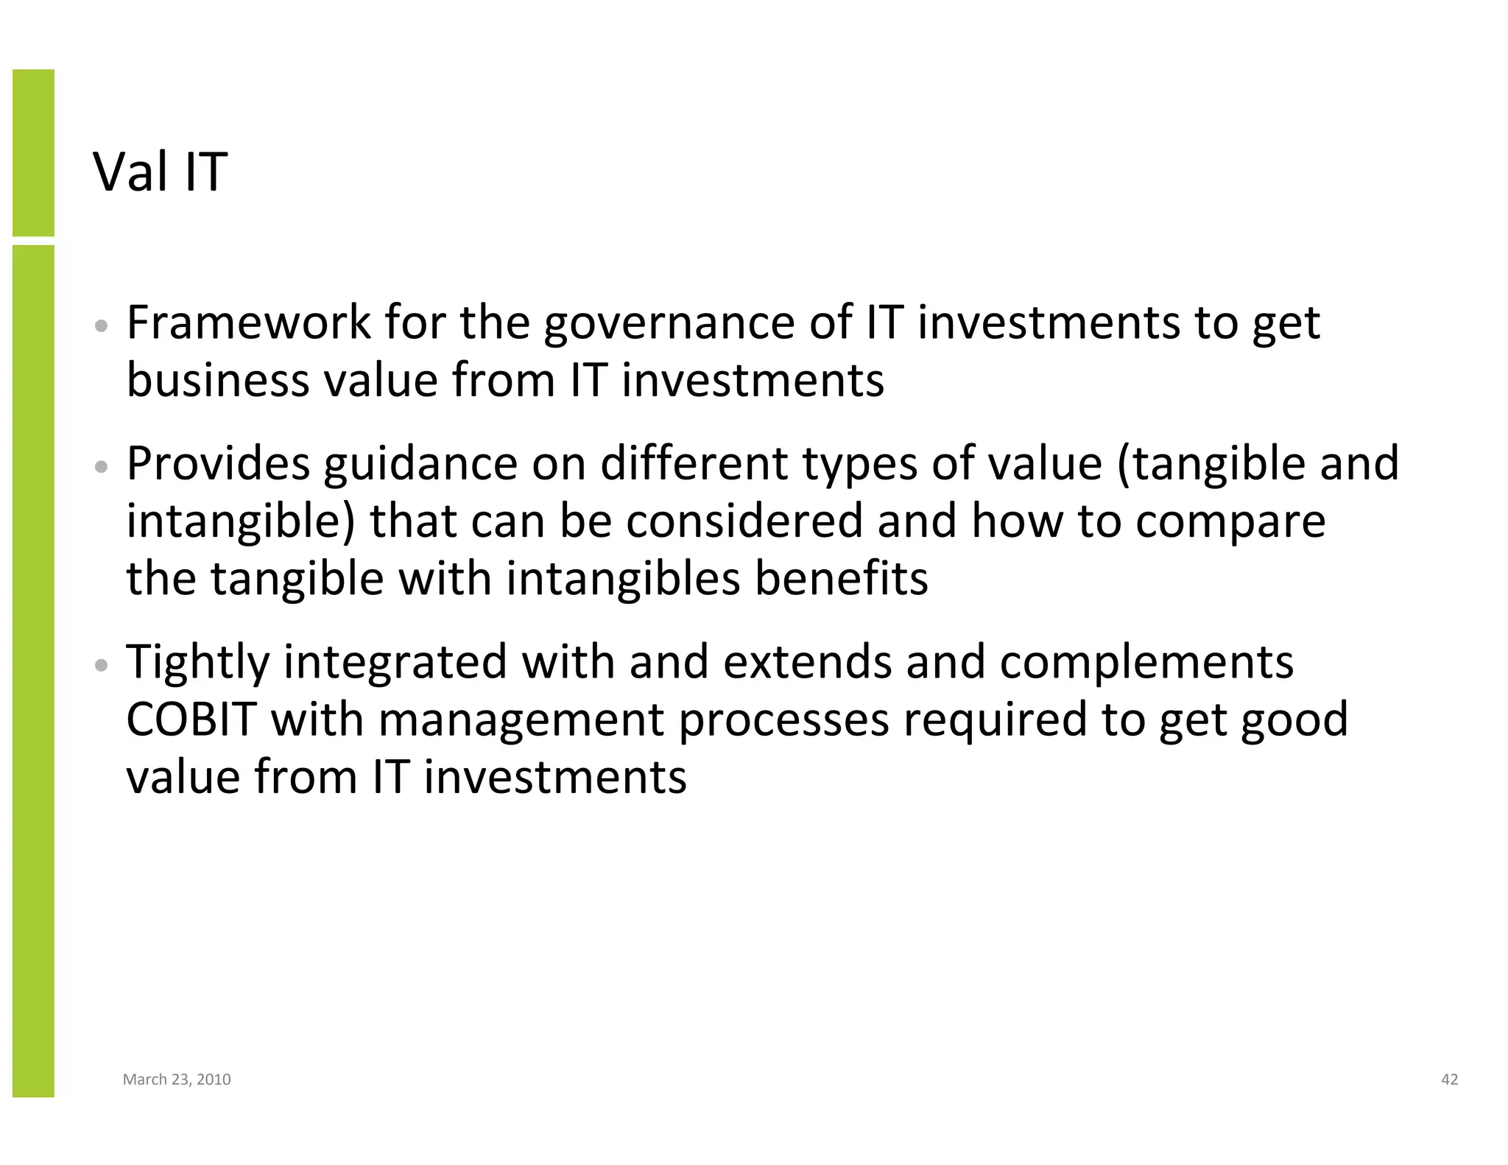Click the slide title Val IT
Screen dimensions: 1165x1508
[160, 172]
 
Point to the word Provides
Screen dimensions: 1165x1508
[218, 464]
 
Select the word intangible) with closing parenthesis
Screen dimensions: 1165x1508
[241, 521]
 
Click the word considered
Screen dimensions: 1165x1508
[744, 521]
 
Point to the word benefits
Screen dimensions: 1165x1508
[842, 578]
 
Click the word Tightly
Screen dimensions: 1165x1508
[198, 663]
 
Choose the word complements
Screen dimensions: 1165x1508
[1146, 663]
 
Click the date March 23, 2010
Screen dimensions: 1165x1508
[177, 1080]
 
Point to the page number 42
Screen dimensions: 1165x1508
[1449, 1080]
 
